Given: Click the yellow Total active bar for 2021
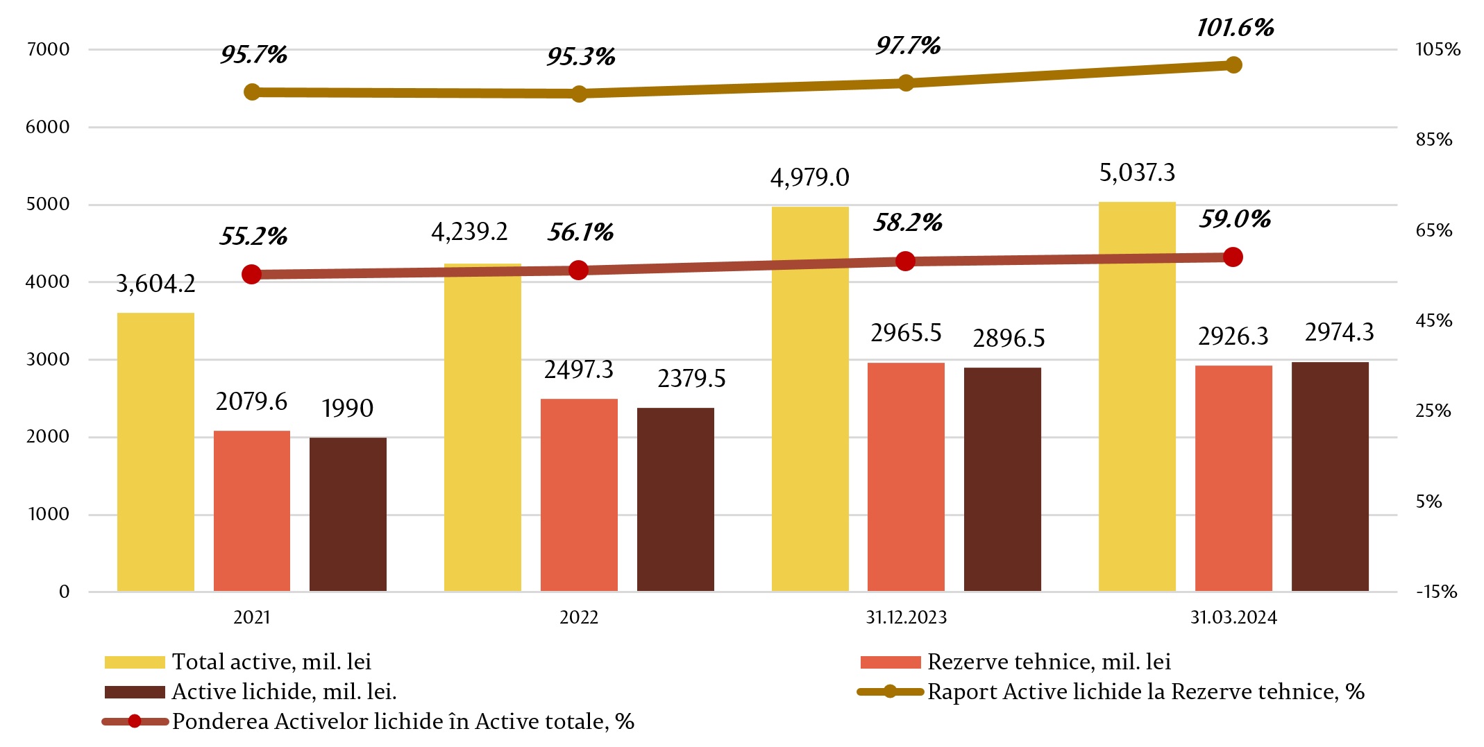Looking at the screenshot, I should point(155,452).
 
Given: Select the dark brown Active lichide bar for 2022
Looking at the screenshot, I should point(675,499).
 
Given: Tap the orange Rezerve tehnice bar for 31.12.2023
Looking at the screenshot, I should point(906,477).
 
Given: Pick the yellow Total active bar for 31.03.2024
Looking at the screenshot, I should point(1137,397).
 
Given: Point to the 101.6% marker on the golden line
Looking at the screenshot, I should point(1233,65).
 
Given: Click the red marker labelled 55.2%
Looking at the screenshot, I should point(251,275).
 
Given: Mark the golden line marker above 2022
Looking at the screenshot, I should point(579,94).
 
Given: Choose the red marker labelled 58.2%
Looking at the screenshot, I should point(905,261).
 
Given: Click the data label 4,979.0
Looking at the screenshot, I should point(809,178).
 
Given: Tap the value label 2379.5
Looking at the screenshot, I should point(691,379).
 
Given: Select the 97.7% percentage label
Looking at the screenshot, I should point(908,46).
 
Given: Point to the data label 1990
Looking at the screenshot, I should point(347,409).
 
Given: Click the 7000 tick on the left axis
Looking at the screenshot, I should point(48,49).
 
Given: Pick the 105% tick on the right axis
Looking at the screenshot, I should point(1437,49).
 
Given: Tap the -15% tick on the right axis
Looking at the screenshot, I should point(1436,592).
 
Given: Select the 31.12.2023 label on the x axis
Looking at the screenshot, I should point(906,617).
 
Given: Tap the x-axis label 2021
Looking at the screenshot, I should point(251,617).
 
